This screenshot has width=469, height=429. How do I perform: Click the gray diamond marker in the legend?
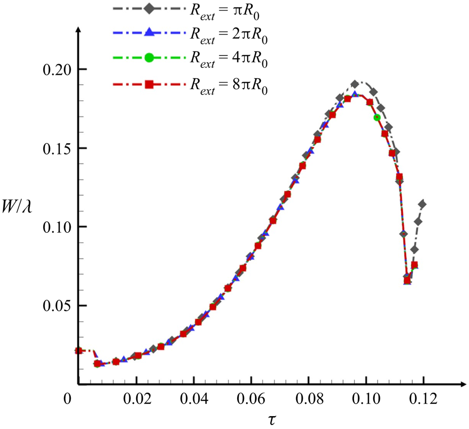pos(148,8)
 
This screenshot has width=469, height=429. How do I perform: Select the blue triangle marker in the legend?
pos(148,33)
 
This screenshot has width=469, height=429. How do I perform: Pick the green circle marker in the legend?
pos(148,58)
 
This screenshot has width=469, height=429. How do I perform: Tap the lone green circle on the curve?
pos(377,117)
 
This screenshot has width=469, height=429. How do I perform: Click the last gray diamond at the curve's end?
pos(422,204)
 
